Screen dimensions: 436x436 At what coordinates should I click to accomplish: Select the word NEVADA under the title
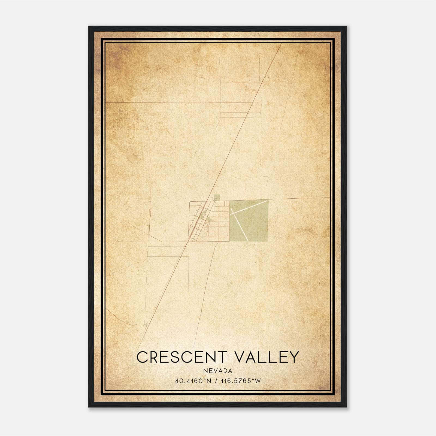pos(218,371)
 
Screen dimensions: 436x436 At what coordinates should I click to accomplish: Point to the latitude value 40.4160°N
pos(193,381)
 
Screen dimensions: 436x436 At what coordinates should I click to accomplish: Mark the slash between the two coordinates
pos(216,381)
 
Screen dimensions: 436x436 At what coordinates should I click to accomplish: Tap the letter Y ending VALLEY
pos(293,357)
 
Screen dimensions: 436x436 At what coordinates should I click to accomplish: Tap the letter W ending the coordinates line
pos(258,381)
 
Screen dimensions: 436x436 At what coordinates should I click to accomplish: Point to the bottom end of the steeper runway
pos(247,240)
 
